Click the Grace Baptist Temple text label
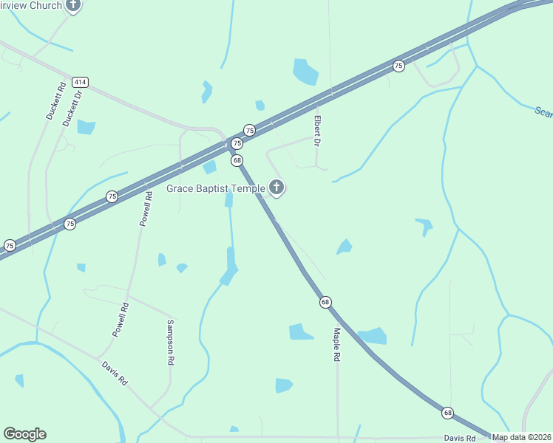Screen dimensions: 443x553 pyautogui.click(x=216, y=189)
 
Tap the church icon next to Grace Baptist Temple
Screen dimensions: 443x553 pyautogui.click(x=276, y=188)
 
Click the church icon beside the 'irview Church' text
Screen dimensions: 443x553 pyautogui.click(x=72, y=6)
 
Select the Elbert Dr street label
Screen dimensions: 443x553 pyautogui.click(x=317, y=130)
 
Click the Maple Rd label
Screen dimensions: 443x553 pyautogui.click(x=336, y=344)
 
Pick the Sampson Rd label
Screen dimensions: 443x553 pyautogui.click(x=171, y=343)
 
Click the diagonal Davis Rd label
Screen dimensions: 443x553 pyautogui.click(x=115, y=373)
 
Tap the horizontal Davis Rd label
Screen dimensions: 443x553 pyautogui.click(x=460, y=438)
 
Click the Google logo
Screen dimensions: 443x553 pyautogui.click(x=24, y=434)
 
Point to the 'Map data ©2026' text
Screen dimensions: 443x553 pyautogui.click(x=521, y=437)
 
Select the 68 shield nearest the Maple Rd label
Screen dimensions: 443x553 pyautogui.click(x=325, y=302)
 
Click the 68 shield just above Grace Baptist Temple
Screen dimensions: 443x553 pyautogui.click(x=237, y=160)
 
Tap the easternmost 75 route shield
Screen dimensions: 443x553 pyautogui.click(x=398, y=66)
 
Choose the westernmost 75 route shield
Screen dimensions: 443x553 pyautogui.click(x=10, y=245)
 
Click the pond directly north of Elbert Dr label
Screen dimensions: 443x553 pyautogui.click(x=305, y=72)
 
